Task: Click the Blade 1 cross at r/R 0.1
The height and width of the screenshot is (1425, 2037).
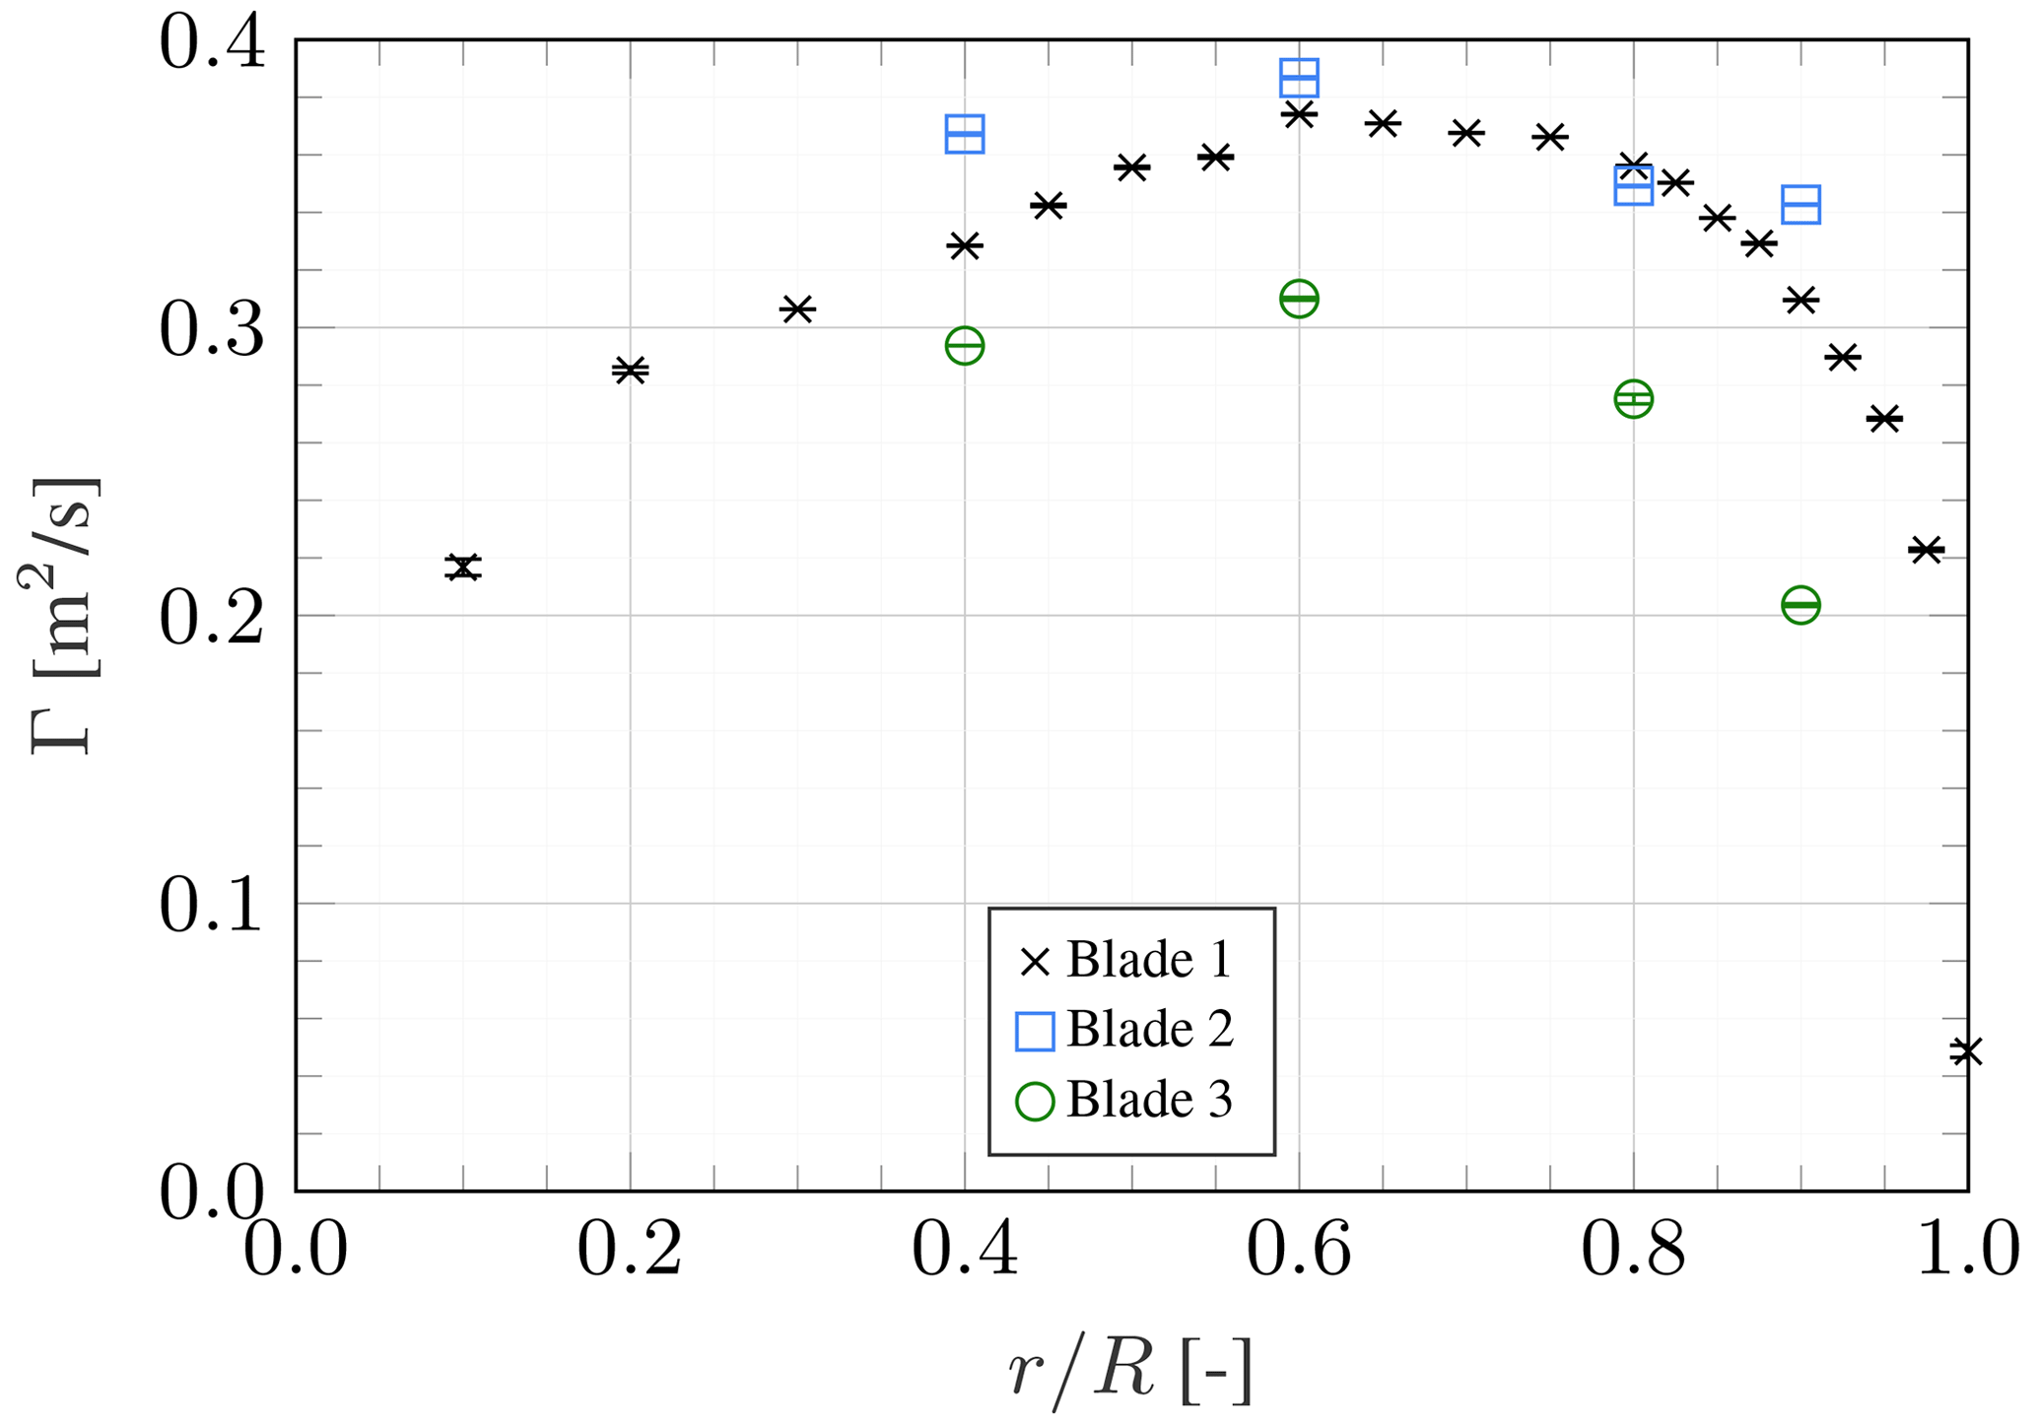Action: click(462, 567)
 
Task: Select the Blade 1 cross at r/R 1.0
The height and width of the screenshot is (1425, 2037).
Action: click(1966, 1052)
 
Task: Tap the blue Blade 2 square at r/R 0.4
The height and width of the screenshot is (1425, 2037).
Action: click(965, 134)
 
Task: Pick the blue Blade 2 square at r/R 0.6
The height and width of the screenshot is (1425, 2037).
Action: click(1299, 77)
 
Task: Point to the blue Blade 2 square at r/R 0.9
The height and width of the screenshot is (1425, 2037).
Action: click(1800, 205)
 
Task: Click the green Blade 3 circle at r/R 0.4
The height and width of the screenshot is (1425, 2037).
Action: click(965, 346)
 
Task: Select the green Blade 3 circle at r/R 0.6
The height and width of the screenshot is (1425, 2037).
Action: click(1299, 299)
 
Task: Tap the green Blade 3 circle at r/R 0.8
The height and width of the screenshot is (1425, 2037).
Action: click(1633, 399)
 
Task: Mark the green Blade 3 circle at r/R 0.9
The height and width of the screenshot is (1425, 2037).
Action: click(1800, 605)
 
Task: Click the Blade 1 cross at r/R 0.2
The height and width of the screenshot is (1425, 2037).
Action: click(630, 371)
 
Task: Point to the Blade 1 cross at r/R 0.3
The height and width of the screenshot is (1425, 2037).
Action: click(796, 308)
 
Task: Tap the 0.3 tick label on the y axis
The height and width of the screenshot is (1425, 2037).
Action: click(211, 329)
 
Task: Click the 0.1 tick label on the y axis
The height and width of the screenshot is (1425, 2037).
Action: click(211, 905)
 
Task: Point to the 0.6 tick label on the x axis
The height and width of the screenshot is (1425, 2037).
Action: click(1299, 1252)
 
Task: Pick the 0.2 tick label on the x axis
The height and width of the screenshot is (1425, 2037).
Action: click(630, 1252)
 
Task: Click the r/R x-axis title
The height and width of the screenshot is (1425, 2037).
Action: click(1129, 1370)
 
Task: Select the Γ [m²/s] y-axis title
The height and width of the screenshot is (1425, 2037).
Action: click(61, 615)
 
